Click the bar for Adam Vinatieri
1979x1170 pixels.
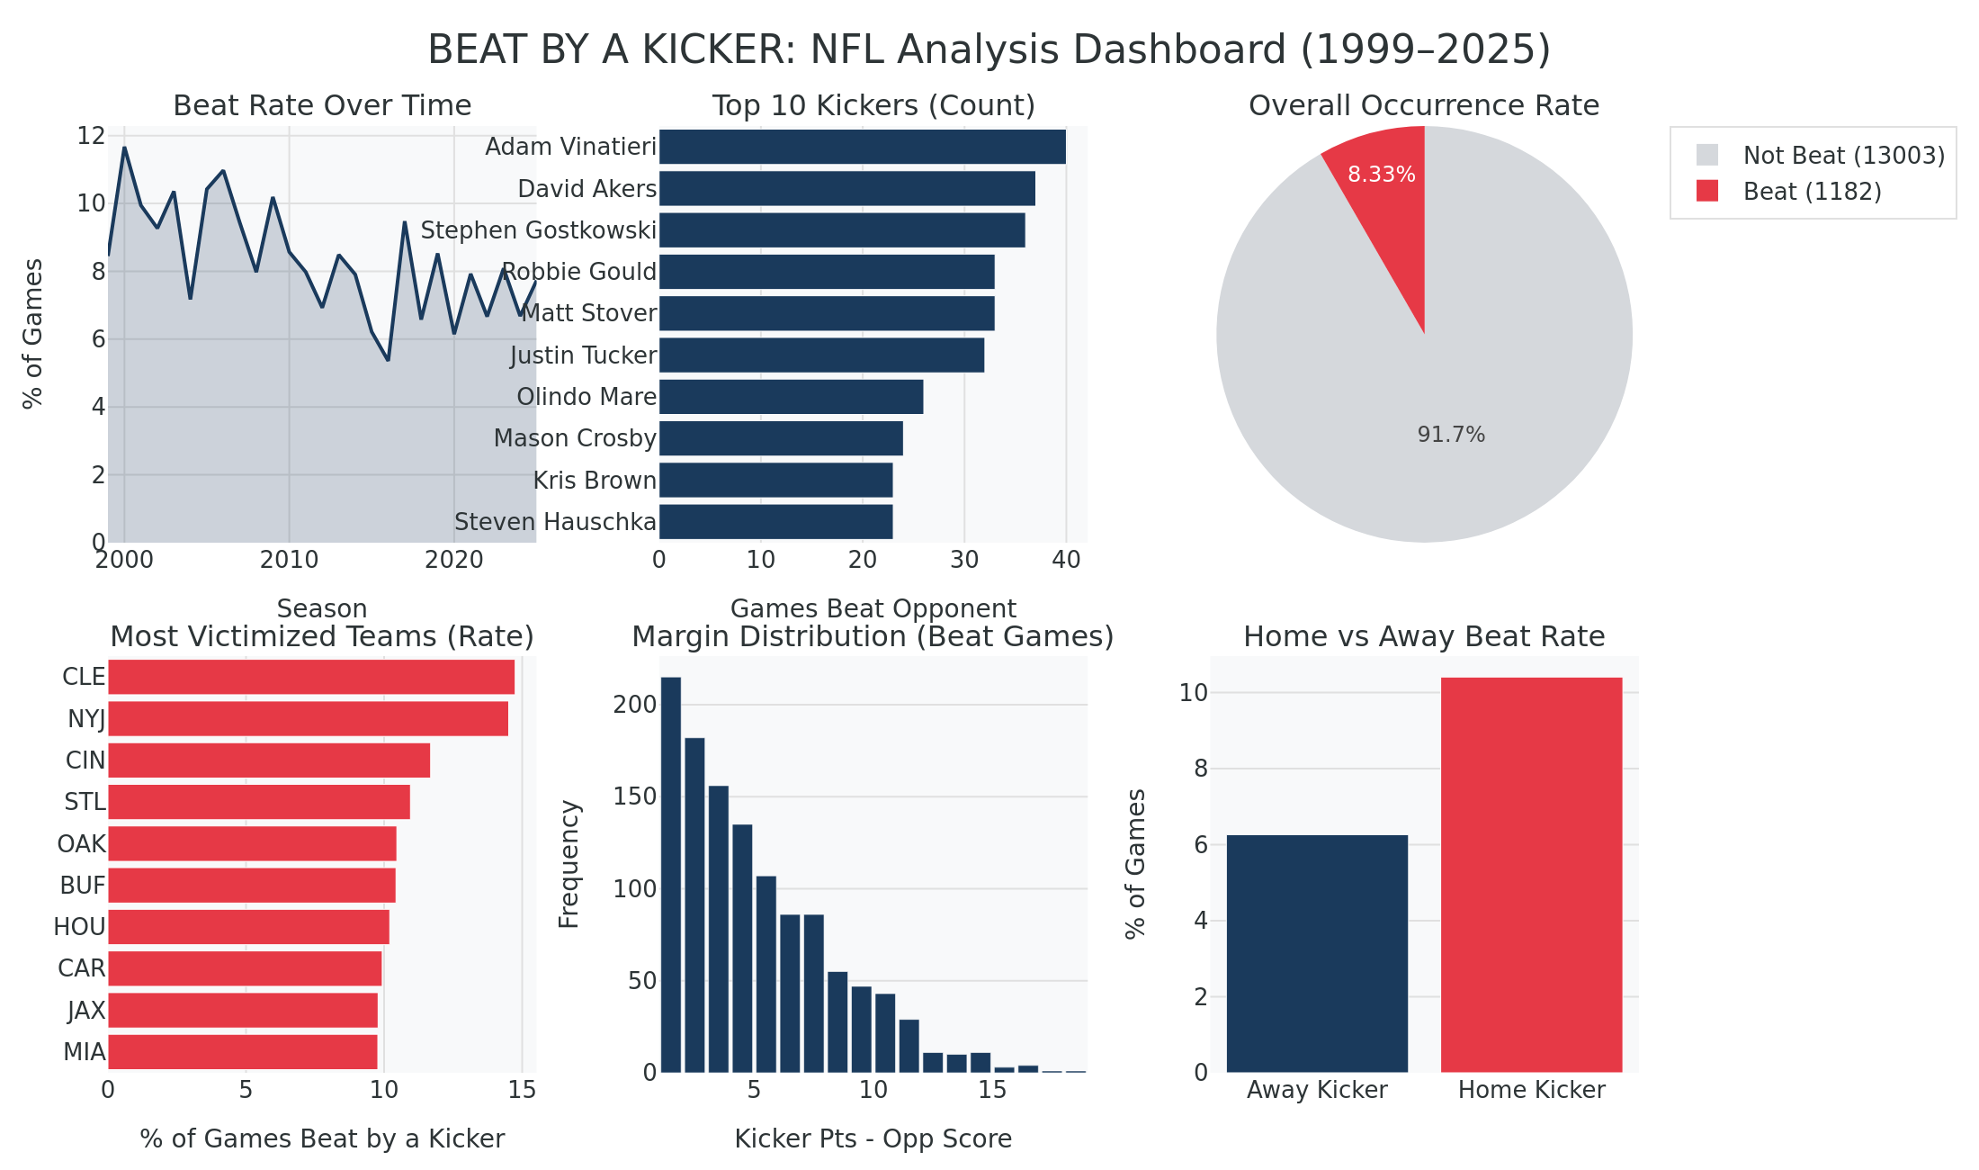(x=862, y=147)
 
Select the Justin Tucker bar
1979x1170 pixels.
(x=821, y=355)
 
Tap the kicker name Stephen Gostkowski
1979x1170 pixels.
(x=538, y=230)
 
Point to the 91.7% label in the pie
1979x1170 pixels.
(x=1451, y=435)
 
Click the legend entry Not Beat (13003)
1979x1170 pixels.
(x=1843, y=156)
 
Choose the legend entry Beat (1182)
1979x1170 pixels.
(x=1811, y=192)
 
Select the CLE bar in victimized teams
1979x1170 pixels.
(x=310, y=677)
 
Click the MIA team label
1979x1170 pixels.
(x=84, y=1051)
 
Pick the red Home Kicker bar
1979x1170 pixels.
(x=1531, y=875)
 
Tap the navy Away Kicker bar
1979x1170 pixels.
(x=1317, y=954)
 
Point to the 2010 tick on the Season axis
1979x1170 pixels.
(x=289, y=560)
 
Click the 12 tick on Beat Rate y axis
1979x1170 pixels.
(x=91, y=136)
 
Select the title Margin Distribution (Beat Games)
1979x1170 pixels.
(x=873, y=636)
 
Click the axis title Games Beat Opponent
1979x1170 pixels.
(x=873, y=608)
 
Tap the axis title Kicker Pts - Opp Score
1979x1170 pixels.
(x=873, y=1138)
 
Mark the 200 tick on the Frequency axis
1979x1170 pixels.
(x=635, y=704)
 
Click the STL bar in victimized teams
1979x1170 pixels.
(x=258, y=802)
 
